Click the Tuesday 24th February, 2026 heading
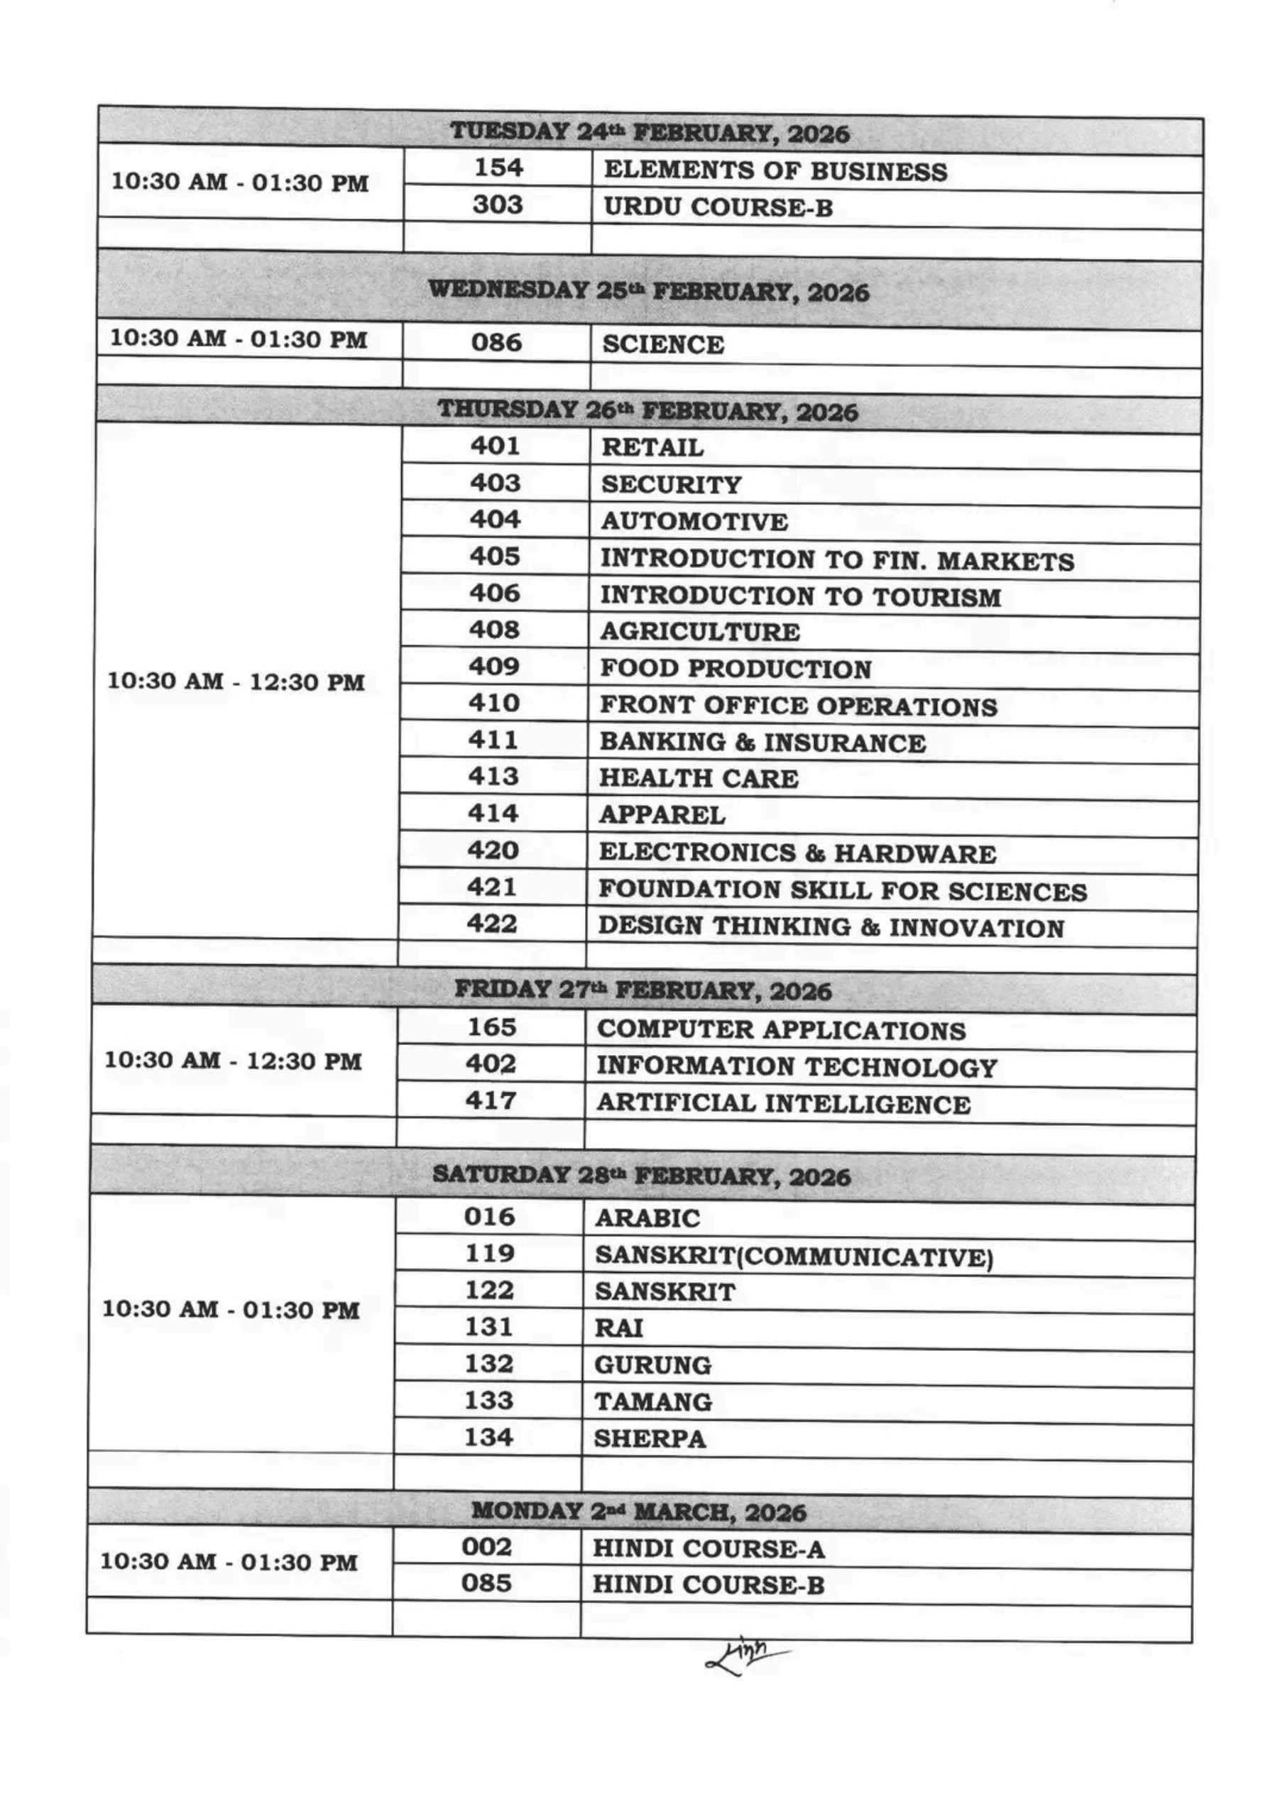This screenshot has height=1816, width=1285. [x=650, y=132]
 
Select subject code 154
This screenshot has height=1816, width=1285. [x=498, y=168]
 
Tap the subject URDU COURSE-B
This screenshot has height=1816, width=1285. [x=718, y=207]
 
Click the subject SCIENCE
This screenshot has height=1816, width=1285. [x=663, y=344]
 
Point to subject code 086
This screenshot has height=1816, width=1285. [x=496, y=343]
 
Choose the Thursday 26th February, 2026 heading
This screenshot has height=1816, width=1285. [x=647, y=410]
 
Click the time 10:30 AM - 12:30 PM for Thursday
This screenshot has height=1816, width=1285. [x=236, y=682]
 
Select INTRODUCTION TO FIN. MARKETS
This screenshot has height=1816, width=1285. [x=837, y=560]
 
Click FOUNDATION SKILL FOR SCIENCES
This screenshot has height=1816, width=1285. [x=843, y=891]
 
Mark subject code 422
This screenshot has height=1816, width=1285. [x=492, y=924]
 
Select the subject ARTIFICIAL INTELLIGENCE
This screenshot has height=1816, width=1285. [x=783, y=1104]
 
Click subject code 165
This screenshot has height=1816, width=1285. [x=491, y=1027]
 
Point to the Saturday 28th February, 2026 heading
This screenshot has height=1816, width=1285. [x=641, y=1176]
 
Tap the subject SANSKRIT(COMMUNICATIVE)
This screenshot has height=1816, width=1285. [x=794, y=1256]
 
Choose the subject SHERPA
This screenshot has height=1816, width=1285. [x=650, y=1438]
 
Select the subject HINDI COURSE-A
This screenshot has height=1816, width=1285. [x=709, y=1548]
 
